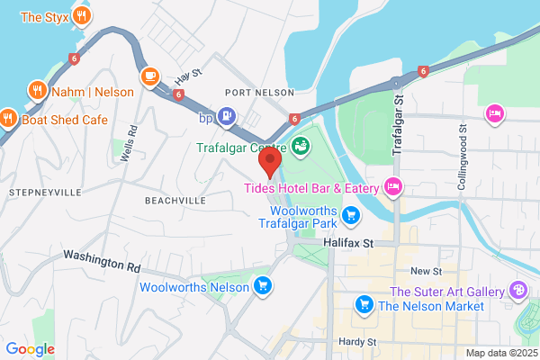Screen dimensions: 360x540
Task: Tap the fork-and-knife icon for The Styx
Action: (82, 15)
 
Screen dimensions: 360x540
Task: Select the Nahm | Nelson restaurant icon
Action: (37, 90)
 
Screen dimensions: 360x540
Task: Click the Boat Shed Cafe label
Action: (64, 117)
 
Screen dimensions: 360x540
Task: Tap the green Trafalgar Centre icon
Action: (301, 144)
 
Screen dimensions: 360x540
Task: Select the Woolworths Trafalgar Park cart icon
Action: (352, 215)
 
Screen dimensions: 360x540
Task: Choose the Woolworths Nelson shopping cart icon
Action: (263, 286)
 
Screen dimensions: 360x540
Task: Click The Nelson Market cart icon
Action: (364, 305)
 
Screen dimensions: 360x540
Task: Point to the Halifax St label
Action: (349, 243)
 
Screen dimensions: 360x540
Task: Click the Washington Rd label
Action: (102, 262)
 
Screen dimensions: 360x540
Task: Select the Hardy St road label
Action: (356, 342)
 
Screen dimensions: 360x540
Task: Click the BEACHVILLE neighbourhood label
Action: (175, 200)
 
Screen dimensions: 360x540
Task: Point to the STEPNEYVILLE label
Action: (44, 193)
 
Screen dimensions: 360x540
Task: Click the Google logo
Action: (30, 349)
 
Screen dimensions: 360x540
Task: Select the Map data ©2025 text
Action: (500, 353)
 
